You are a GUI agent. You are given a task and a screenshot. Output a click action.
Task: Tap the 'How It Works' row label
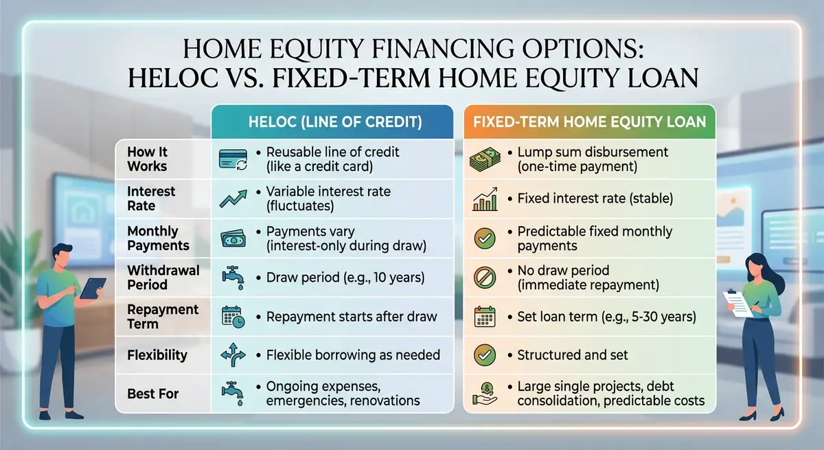click(147, 159)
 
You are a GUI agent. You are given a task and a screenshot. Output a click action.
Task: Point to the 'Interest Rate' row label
click(151, 199)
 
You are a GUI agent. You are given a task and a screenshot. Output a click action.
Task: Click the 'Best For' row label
click(152, 394)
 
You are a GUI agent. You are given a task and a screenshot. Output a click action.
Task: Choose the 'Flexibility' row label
click(157, 355)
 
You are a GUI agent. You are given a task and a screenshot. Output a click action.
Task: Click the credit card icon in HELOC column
click(233, 159)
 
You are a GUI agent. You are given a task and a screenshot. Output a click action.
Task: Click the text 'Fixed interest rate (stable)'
click(595, 199)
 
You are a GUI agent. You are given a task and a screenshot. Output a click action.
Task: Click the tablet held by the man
click(93, 287)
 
